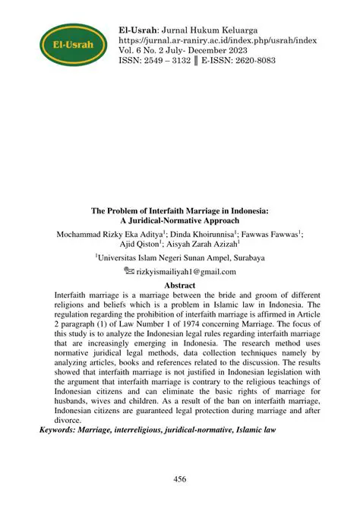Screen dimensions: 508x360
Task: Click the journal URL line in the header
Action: pos(218,40)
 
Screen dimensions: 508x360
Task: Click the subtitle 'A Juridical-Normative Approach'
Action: pos(180,219)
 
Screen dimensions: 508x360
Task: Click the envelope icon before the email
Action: pos(128,271)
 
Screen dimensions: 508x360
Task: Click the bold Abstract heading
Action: pos(180,285)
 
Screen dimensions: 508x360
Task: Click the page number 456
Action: pos(180,479)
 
